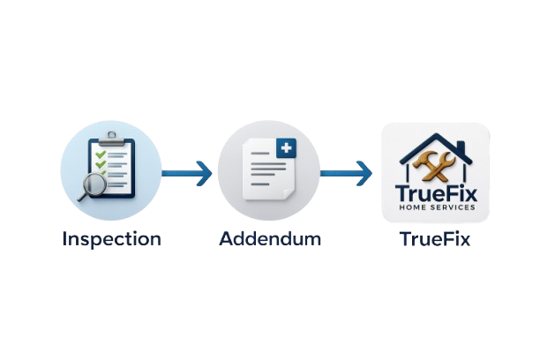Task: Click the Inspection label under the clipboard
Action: (111, 239)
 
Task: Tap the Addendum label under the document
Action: (269, 239)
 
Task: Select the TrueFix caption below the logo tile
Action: (434, 240)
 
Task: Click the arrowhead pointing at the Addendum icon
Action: (205, 171)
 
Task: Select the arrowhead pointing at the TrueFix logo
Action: (364, 171)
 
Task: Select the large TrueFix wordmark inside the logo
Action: (435, 191)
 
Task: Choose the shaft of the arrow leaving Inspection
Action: (181, 171)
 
